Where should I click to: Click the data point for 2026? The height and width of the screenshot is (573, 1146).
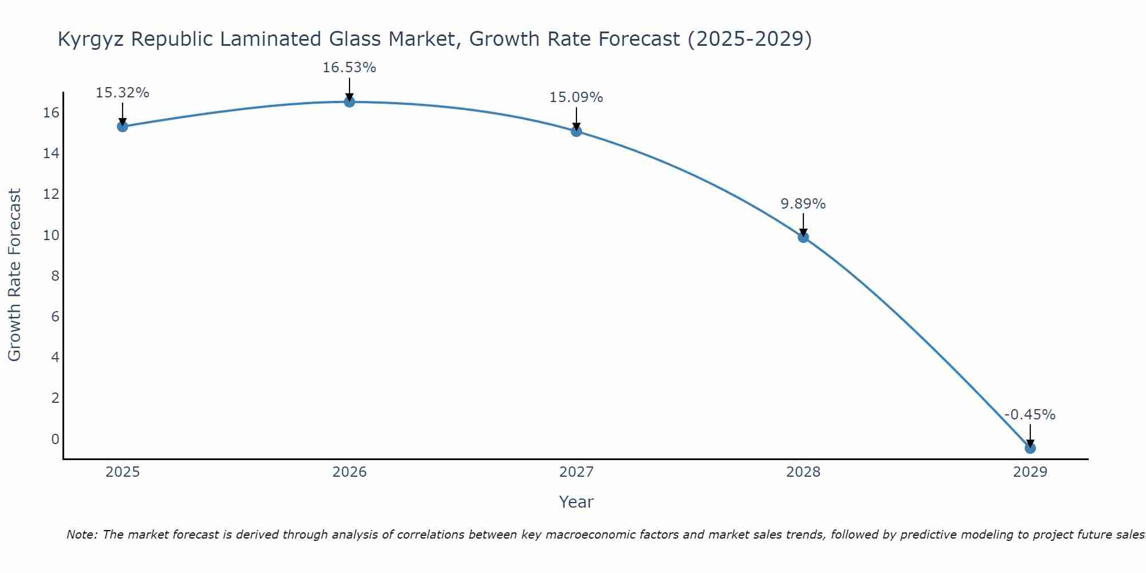click(x=350, y=102)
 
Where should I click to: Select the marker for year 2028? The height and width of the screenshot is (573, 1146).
click(x=803, y=237)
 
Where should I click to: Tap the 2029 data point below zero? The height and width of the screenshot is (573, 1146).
click(x=1030, y=448)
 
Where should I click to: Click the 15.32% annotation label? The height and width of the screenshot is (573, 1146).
click(x=122, y=93)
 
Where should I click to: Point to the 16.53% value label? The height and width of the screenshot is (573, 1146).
click(x=349, y=68)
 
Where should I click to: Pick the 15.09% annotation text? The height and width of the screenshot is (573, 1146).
click(x=576, y=97)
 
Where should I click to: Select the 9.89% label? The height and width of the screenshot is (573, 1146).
click(x=803, y=204)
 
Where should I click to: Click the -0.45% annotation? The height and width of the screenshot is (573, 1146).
click(x=1030, y=415)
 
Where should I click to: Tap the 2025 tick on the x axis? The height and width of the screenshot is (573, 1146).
click(x=123, y=472)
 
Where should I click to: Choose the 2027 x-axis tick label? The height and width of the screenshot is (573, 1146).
click(x=576, y=472)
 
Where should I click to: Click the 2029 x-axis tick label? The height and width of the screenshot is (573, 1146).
click(x=1030, y=472)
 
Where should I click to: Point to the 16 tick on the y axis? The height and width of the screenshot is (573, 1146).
click(x=52, y=113)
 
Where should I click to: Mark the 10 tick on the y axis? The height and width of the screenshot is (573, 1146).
click(x=52, y=236)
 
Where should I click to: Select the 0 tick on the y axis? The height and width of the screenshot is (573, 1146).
click(x=55, y=439)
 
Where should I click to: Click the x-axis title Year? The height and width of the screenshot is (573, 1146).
click(x=576, y=502)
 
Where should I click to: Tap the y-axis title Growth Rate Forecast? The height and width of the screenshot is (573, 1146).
click(x=15, y=275)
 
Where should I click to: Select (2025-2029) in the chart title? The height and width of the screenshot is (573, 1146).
click(x=749, y=39)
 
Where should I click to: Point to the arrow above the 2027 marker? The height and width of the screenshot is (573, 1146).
click(x=576, y=119)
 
